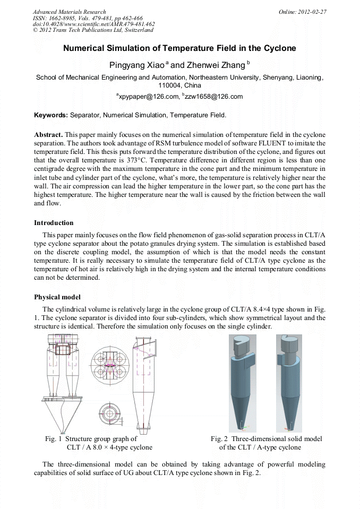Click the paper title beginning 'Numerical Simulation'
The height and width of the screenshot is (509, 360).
tap(179, 48)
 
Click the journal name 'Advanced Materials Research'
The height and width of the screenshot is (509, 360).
tap(69, 12)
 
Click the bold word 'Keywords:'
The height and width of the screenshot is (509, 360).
tap(51, 115)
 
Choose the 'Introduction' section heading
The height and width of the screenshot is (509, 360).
tap(54, 222)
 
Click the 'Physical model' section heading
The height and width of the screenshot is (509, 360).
tap(57, 297)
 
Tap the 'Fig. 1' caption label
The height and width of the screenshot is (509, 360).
tap(54, 439)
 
